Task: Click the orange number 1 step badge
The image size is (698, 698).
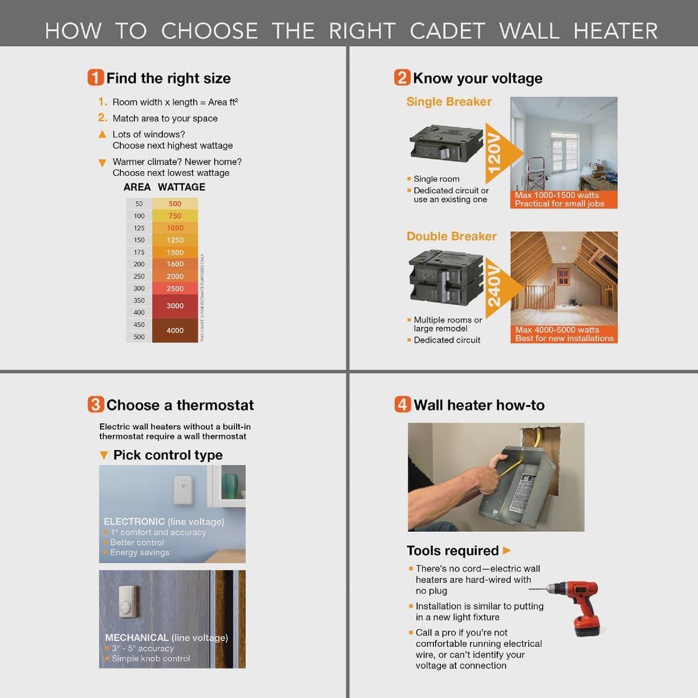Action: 96,78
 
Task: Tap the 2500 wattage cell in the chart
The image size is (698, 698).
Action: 175,289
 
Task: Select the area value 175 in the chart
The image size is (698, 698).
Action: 139,252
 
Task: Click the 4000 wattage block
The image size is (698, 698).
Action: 175,330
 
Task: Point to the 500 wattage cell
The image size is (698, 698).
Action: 175,204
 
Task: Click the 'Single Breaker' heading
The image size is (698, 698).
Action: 448,102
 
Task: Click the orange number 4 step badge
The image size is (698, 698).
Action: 403,405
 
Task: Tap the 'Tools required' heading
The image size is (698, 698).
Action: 453,550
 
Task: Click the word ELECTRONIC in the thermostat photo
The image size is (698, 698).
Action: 134,522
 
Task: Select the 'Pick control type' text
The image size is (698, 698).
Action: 168,455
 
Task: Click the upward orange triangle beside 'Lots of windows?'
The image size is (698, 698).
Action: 102,134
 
